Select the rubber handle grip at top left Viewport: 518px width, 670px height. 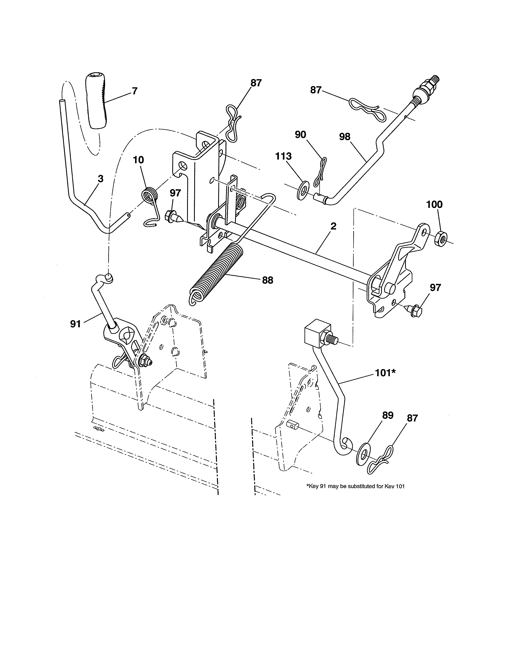tap(96, 101)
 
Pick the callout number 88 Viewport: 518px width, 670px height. tap(267, 280)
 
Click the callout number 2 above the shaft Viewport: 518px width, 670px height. tap(333, 226)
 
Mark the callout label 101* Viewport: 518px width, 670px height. tap(385, 373)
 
